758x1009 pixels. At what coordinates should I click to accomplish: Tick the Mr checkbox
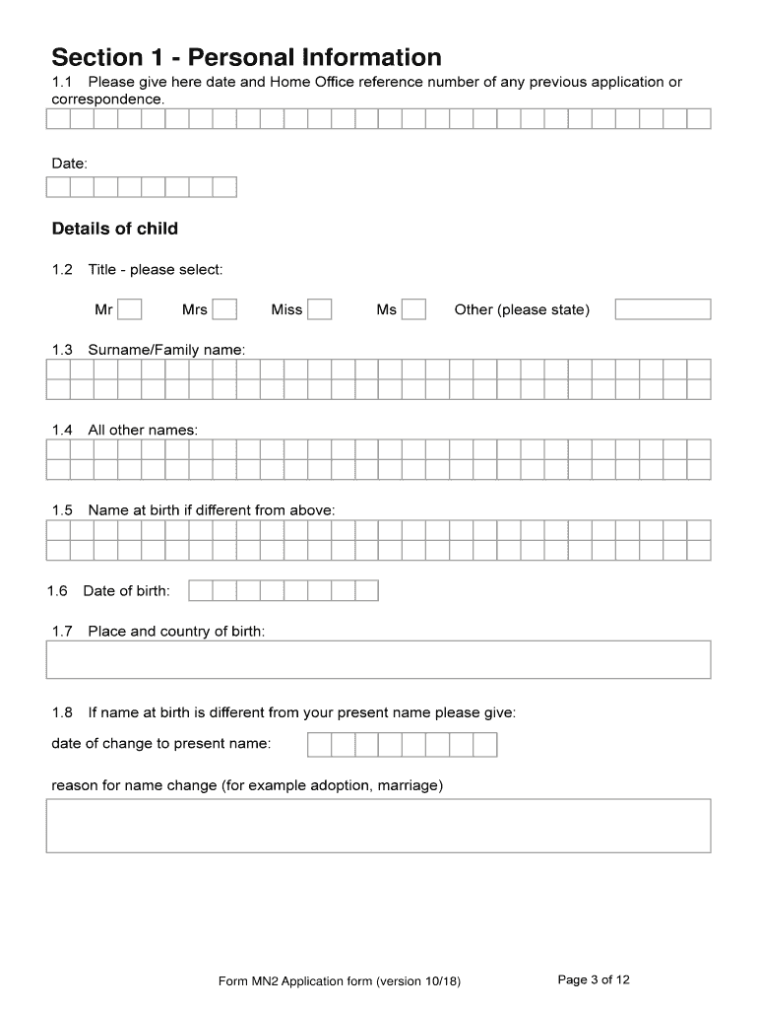coord(130,310)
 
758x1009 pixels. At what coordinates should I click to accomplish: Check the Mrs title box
coord(225,310)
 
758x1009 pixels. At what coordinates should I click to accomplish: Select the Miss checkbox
coord(320,310)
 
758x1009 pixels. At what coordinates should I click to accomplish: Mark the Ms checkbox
coord(414,310)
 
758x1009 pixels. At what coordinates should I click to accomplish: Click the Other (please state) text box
coord(663,310)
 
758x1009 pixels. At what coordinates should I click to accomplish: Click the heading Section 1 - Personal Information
coord(246,57)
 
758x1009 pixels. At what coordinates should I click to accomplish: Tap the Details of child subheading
coord(114,230)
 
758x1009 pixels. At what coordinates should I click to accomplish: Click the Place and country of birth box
coord(378,659)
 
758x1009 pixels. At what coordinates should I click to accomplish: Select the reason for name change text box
coord(378,826)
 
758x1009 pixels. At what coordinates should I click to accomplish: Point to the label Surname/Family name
coord(166,350)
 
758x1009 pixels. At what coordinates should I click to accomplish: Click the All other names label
coord(143,431)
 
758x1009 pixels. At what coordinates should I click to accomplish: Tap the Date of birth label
coord(126,591)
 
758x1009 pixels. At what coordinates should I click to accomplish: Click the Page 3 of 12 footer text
coord(594,979)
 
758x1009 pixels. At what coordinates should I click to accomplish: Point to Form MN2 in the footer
coord(249,981)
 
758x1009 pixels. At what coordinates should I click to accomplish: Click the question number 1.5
coord(62,510)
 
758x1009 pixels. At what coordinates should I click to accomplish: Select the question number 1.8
coord(62,712)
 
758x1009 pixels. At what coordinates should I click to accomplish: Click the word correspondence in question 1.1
coord(107,100)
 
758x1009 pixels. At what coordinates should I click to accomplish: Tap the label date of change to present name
coord(160,744)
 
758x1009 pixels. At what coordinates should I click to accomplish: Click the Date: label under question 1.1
coord(69,162)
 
